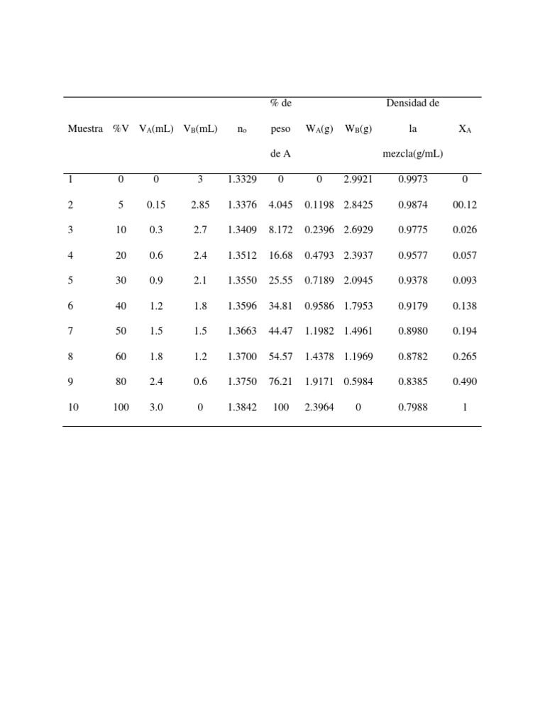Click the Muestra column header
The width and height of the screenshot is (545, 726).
coord(85,129)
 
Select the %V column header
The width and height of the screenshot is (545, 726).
coord(121,129)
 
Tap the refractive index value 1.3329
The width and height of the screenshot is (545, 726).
coord(242,179)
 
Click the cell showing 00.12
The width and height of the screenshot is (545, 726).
coord(465,205)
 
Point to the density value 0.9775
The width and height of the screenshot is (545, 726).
coord(412,230)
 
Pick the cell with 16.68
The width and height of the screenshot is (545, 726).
coord(281,255)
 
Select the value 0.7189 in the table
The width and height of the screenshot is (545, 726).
coord(319,281)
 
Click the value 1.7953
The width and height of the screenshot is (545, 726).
coord(358,306)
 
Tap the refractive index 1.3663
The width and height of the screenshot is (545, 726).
coord(242,331)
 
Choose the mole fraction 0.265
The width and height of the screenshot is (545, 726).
coord(465,357)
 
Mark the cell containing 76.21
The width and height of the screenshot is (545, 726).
coord(281,381)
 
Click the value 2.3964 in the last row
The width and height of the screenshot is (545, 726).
coord(319,407)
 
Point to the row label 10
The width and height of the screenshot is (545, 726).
coord(75,407)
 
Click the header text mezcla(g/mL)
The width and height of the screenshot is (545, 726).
coord(412,154)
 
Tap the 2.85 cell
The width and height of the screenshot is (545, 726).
coord(200,205)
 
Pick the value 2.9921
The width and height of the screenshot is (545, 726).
coord(358,179)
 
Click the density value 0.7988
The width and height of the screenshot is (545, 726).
coord(412,407)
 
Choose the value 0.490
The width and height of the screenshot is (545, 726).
coord(465,381)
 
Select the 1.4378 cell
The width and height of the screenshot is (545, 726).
coord(319,357)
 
